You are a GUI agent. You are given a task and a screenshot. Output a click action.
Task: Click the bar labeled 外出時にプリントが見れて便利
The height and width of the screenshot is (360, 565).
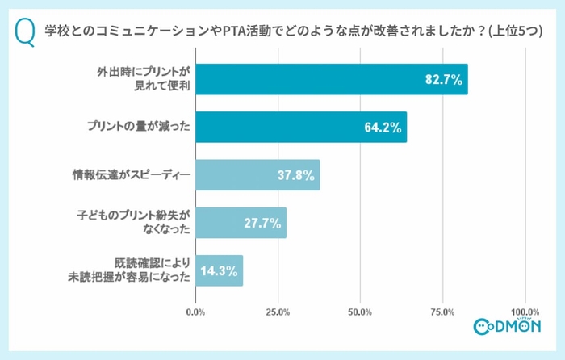click(331, 79)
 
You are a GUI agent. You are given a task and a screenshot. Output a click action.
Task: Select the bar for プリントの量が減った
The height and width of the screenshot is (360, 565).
click(300, 127)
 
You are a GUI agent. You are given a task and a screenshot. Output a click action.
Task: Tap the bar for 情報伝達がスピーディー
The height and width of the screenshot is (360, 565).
click(257, 175)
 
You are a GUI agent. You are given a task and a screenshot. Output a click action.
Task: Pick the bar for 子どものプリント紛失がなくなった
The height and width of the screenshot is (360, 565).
click(241, 223)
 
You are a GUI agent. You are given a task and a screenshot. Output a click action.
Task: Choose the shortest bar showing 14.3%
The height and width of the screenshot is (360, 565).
click(219, 270)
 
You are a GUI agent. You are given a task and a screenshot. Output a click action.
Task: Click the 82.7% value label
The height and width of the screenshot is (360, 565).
click(443, 79)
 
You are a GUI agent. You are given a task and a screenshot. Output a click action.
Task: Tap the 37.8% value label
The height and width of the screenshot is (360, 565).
click(295, 175)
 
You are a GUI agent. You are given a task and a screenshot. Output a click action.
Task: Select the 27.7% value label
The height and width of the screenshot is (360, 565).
click(262, 223)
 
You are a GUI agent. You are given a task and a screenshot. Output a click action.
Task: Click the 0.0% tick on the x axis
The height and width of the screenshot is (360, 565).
click(195, 311)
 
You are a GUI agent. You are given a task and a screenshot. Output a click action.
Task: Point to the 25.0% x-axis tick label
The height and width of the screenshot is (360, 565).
click(278, 311)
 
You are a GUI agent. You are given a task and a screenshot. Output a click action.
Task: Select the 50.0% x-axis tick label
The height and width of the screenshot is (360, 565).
click(360, 311)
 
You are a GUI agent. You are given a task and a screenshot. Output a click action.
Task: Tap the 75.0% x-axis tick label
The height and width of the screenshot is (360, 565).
click(442, 311)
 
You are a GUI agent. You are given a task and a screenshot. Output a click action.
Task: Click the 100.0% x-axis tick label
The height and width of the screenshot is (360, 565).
click(525, 311)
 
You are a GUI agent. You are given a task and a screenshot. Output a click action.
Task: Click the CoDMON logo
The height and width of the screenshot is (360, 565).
click(508, 326)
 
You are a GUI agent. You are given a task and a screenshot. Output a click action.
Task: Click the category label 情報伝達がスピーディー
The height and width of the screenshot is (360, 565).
click(131, 175)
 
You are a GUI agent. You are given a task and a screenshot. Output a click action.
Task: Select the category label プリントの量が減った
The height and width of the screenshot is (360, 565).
click(137, 127)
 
